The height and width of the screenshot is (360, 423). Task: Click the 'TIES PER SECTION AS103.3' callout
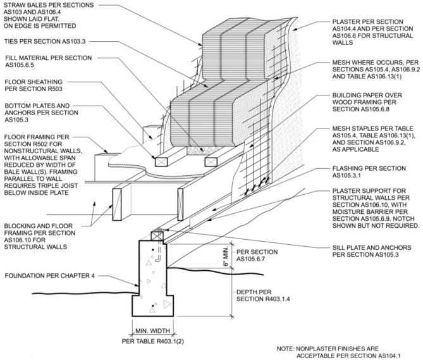[x=45, y=41]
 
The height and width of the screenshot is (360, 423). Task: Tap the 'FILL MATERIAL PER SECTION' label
[x=49, y=58]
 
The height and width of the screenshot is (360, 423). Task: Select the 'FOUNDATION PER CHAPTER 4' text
[x=50, y=276]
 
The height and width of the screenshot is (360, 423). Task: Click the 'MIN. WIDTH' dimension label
[x=152, y=331]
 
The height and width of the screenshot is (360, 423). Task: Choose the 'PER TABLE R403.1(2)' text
[x=152, y=342]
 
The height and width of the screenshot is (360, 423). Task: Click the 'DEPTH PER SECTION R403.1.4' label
[x=263, y=295]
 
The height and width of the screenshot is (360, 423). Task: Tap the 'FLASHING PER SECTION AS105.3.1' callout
[x=369, y=172]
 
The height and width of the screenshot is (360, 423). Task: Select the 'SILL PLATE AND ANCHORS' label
[x=372, y=248]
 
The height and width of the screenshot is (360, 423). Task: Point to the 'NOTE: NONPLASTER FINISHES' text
[x=328, y=349]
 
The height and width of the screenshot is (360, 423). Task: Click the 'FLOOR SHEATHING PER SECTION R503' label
[x=34, y=85]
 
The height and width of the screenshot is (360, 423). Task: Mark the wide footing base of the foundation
[x=152, y=306]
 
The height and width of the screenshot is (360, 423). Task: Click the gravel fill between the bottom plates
[x=200, y=151]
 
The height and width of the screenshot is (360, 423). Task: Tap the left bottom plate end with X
[x=161, y=161]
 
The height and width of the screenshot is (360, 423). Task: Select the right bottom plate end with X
[x=211, y=162]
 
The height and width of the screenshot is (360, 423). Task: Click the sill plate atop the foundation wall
[x=157, y=236]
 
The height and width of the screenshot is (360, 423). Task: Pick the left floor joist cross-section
[x=117, y=204]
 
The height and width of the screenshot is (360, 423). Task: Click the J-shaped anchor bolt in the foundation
[x=158, y=254]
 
